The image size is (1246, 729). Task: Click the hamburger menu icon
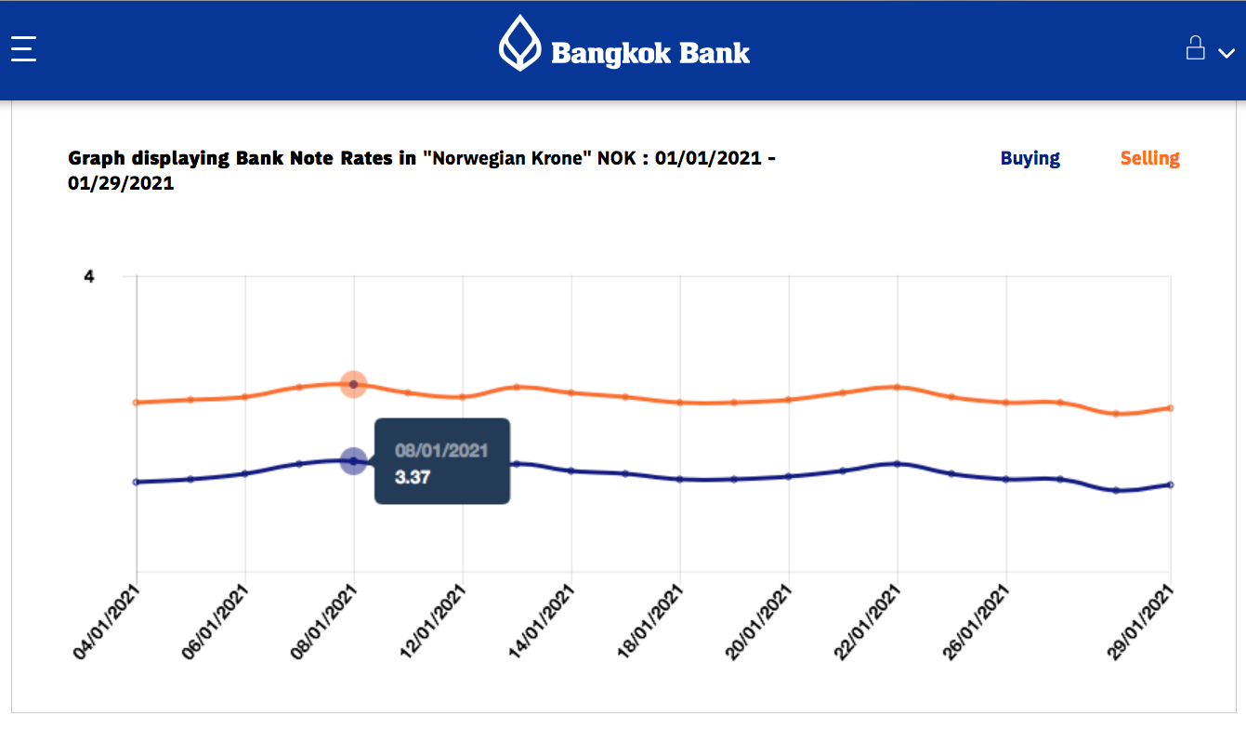[x=23, y=48]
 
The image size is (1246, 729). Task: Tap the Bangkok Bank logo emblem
[x=519, y=44]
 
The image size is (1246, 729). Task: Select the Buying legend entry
[x=1030, y=158]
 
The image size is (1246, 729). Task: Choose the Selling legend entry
[x=1149, y=158]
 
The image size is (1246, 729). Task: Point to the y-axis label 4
[x=89, y=276]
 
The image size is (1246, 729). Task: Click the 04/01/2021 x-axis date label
[x=107, y=623]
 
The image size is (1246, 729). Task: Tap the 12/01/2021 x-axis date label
[x=433, y=623]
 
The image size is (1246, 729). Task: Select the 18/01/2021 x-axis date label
[x=650, y=623]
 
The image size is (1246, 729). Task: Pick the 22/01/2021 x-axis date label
[x=868, y=623]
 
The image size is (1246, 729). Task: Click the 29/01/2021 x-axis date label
[x=1140, y=623]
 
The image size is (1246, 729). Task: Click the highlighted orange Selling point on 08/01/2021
[x=353, y=384]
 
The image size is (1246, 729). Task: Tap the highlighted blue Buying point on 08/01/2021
[x=353, y=460]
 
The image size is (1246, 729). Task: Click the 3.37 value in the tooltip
[x=413, y=477]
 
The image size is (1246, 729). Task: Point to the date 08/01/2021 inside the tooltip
[x=441, y=451]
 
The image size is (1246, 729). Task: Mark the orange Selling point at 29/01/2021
[x=1170, y=408]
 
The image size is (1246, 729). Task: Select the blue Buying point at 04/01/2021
[x=137, y=482]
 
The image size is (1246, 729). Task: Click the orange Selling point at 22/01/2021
[x=898, y=387]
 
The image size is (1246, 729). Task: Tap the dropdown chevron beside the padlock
[x=1226, y=53]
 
